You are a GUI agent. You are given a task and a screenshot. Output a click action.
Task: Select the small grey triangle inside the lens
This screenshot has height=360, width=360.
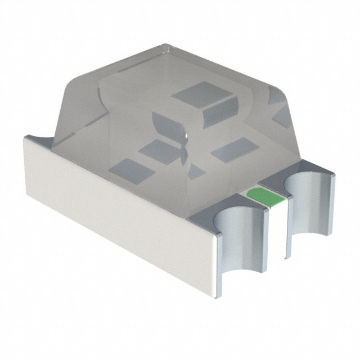click(195, 170)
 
